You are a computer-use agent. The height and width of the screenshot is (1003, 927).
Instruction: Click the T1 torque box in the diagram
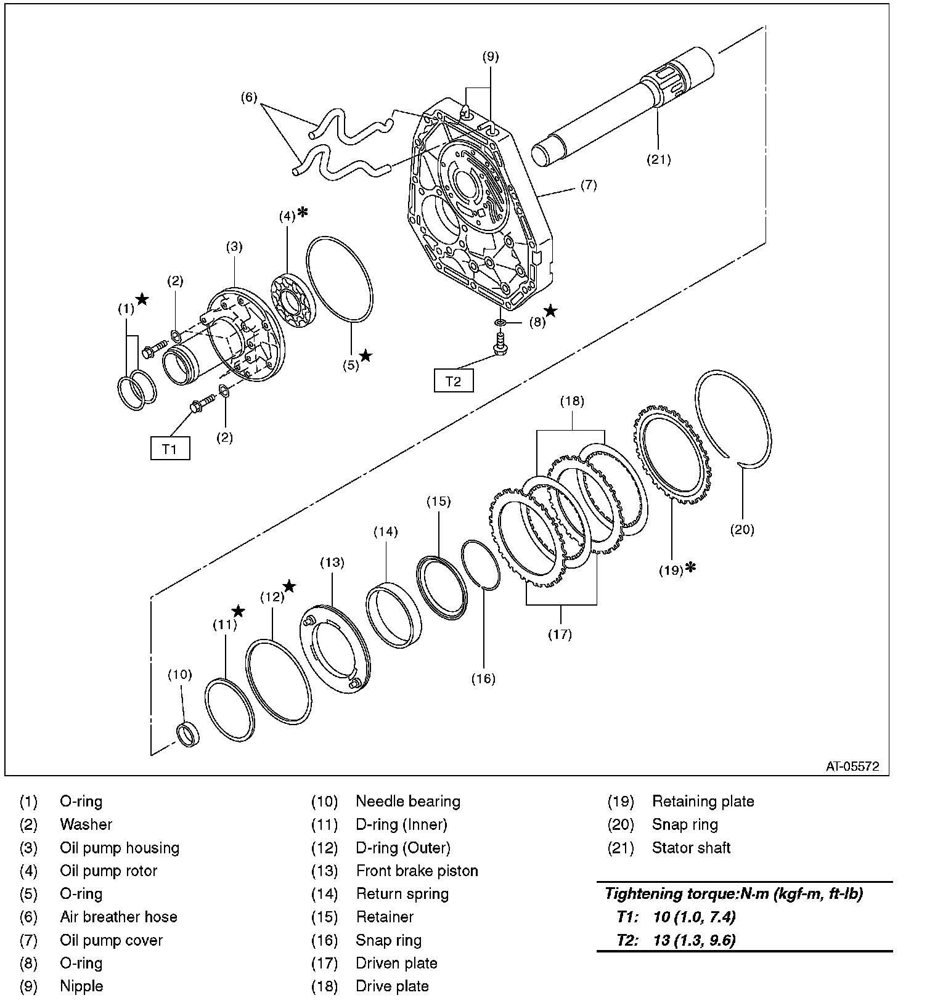[x=169, y=449]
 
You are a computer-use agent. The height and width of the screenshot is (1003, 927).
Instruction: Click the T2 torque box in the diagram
[x=453, y=381]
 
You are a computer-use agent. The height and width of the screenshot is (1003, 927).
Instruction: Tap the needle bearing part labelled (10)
[x=188, y=734]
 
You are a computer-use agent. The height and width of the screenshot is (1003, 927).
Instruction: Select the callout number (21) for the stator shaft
[x=658, y=160]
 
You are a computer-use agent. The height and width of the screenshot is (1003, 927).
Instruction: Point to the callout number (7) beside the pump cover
[x=588, y=185]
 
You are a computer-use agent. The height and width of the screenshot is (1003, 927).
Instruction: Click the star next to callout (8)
[x=550, y=311]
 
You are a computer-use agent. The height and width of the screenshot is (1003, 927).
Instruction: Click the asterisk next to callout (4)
[x=303, y=213]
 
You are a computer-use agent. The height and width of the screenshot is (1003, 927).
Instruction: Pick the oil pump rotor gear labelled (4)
[x=293, y=303]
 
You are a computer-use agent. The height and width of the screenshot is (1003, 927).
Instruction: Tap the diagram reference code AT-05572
[x=852, y=766]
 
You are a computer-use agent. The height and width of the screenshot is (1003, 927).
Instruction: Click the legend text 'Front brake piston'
[x=417, y=871]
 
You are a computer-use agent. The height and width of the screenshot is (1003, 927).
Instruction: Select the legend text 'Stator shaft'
[x=691, y=848]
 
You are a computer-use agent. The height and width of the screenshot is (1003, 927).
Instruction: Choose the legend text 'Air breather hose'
[x=118, y=917]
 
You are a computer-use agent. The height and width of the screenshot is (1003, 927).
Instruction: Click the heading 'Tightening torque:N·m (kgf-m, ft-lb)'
[x=733, y=893]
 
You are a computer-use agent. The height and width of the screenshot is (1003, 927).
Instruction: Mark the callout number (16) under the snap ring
[x=483, y=678]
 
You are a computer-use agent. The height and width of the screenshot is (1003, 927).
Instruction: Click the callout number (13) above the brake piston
[x=332, y=562]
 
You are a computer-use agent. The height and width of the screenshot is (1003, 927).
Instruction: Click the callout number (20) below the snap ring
[x=741, y=529]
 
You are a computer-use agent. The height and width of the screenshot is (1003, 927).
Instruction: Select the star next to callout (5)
[x=366, y=355]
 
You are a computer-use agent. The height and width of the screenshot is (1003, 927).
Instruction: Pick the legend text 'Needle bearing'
[x=408, y=802]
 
